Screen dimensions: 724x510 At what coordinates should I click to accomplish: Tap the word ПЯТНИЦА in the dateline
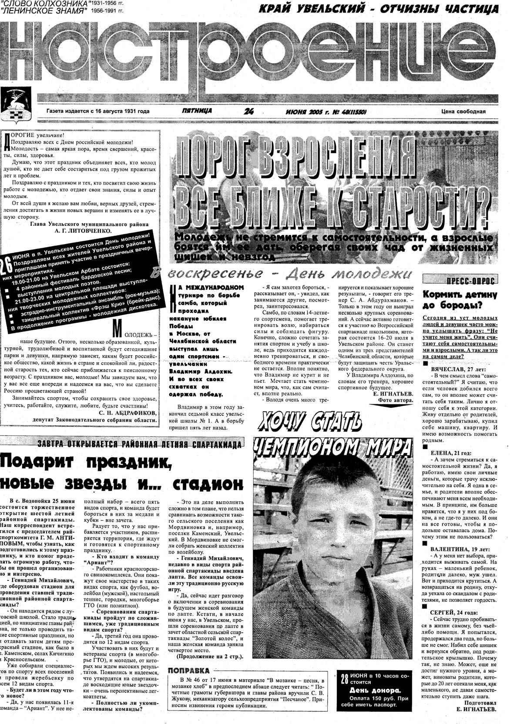tap(197, 111)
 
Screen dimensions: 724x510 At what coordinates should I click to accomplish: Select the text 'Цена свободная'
tap(463, 111)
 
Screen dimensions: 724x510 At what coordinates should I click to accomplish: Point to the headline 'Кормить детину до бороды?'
tap(460, 300)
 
